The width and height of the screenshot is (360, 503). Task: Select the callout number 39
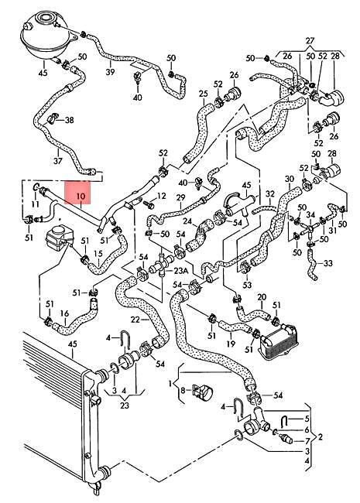(x=110, y=72)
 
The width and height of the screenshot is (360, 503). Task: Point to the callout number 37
(x=57, y=161)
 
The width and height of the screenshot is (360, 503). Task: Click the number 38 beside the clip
(x=70, y=120)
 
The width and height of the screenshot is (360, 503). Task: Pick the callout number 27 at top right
(x=310, y=39)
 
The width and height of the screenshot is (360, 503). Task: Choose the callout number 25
(x=204, y=95)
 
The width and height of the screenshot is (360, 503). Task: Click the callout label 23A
(x=180, y=271)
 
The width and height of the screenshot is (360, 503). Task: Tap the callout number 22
(x=135, y=319)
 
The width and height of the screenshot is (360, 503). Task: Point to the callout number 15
(x=98, y=252)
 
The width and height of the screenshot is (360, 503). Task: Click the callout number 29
(x=179, y=198)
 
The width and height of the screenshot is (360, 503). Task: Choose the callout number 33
(x=328, y=263)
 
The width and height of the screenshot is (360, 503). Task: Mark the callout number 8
(x=182, y=392)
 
